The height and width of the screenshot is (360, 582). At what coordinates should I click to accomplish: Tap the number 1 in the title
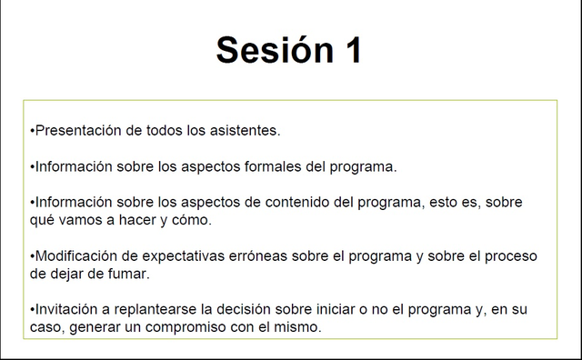[354, 51]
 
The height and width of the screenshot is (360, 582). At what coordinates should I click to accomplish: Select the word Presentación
[77, 130]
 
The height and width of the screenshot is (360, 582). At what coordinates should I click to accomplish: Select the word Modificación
[75, 255]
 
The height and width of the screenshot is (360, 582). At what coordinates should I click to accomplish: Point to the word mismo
[298, 326]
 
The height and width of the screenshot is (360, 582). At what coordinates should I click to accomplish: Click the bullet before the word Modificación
[32, 255]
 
